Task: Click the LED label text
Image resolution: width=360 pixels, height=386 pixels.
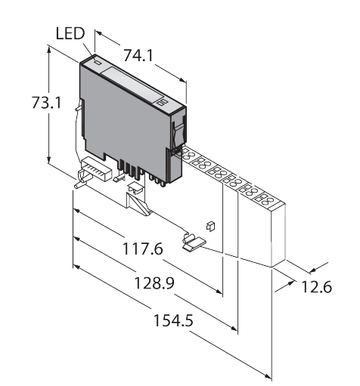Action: pos(70,33)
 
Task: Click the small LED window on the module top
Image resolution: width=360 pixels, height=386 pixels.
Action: pos(97,65)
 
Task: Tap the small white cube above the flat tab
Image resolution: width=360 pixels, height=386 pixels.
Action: pos(210,225)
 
